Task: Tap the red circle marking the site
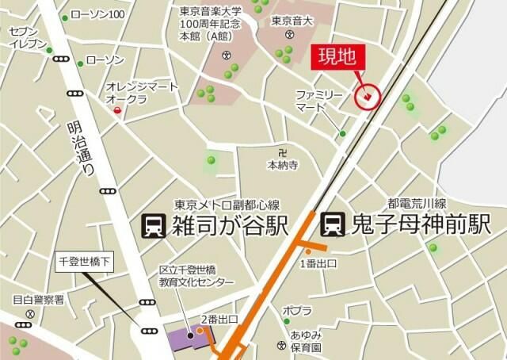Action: pos(368,97)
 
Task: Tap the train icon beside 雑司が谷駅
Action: pos(152,227)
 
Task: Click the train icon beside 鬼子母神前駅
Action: pos(332,224)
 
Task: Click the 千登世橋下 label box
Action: pos(88,261)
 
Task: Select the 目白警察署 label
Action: pos(38,300)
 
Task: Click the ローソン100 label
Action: pos(98,15)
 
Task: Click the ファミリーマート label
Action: pos(320,100)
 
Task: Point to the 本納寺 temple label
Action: pos(282,165)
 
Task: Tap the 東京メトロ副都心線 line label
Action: pos(227,204)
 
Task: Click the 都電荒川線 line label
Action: pos(417,203)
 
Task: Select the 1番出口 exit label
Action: pos(318,262)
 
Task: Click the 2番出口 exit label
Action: pos(218,319)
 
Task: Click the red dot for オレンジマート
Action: pos(118,110)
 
